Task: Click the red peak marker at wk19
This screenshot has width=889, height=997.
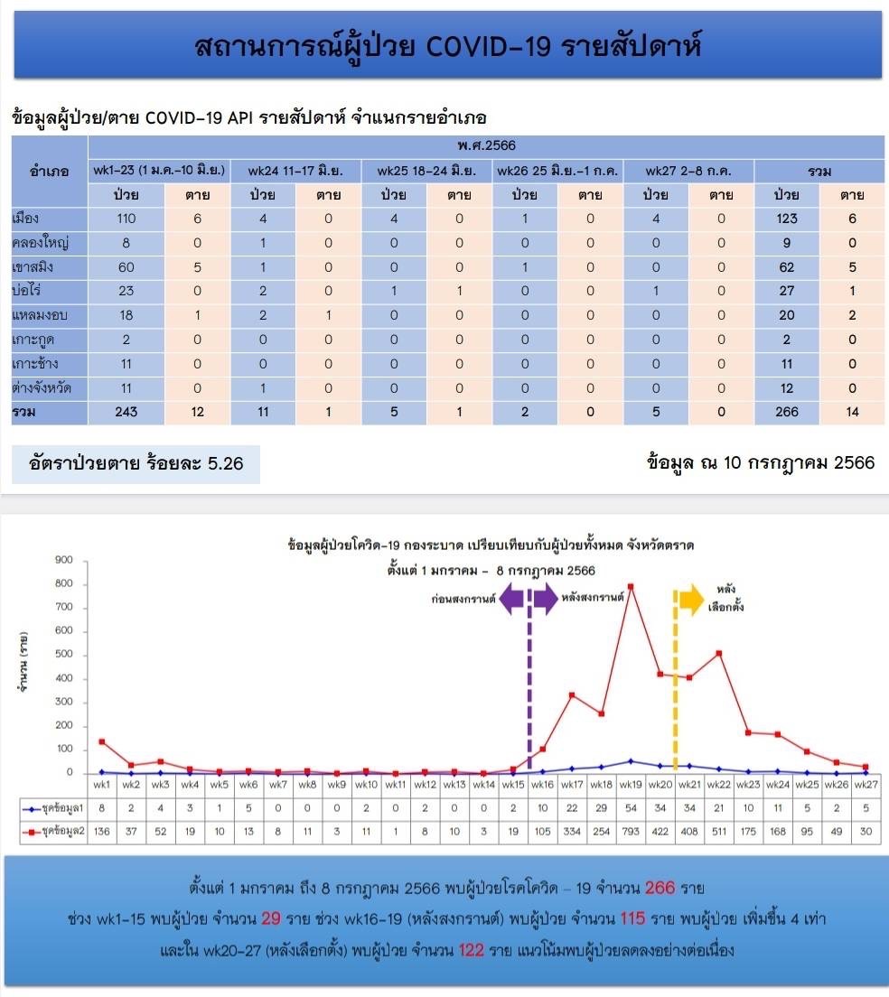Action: tap(631, 587)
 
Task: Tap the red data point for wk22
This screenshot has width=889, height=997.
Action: tap(719, 653)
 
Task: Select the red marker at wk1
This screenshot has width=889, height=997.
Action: tap(102, 741)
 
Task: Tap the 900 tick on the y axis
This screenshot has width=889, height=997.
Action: tap(64, 560)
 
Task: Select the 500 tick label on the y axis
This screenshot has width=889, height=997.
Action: tap(64, 654)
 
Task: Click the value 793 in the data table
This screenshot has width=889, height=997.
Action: tap(631, 831)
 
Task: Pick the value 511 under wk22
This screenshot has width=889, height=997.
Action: tap(719, 831)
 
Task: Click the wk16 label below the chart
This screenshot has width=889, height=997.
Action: tap(542, 785)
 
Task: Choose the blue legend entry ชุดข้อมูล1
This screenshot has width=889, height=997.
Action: tap(53, 808)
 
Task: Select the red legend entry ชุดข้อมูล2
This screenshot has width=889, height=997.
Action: tap(53, 831)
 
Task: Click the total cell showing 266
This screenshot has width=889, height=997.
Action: tap(787, 412)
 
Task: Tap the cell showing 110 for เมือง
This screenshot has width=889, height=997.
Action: tap(126, 219)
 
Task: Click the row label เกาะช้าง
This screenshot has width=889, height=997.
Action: tap(35, 364)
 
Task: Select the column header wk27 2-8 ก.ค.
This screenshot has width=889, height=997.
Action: tap(688, 171)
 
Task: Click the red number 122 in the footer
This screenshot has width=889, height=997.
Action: tap(472, 950)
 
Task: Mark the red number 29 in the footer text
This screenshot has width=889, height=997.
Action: tap(271, 918)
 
